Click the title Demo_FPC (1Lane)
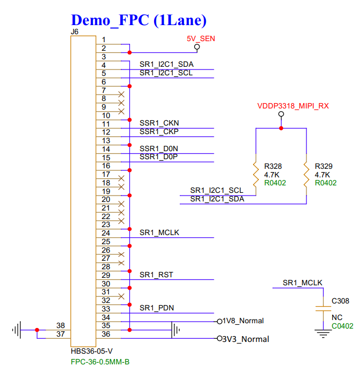139,20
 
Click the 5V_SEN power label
197,38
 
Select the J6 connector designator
75,32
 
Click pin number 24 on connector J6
106,233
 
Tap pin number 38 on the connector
60,325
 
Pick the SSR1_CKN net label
159,123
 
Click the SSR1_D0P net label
159,157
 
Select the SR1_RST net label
156,275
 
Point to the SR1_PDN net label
157,308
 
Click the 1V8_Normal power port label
243,321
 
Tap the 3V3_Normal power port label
246,339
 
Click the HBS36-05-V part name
91,352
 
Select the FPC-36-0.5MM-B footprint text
100,362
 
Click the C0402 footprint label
342,325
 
